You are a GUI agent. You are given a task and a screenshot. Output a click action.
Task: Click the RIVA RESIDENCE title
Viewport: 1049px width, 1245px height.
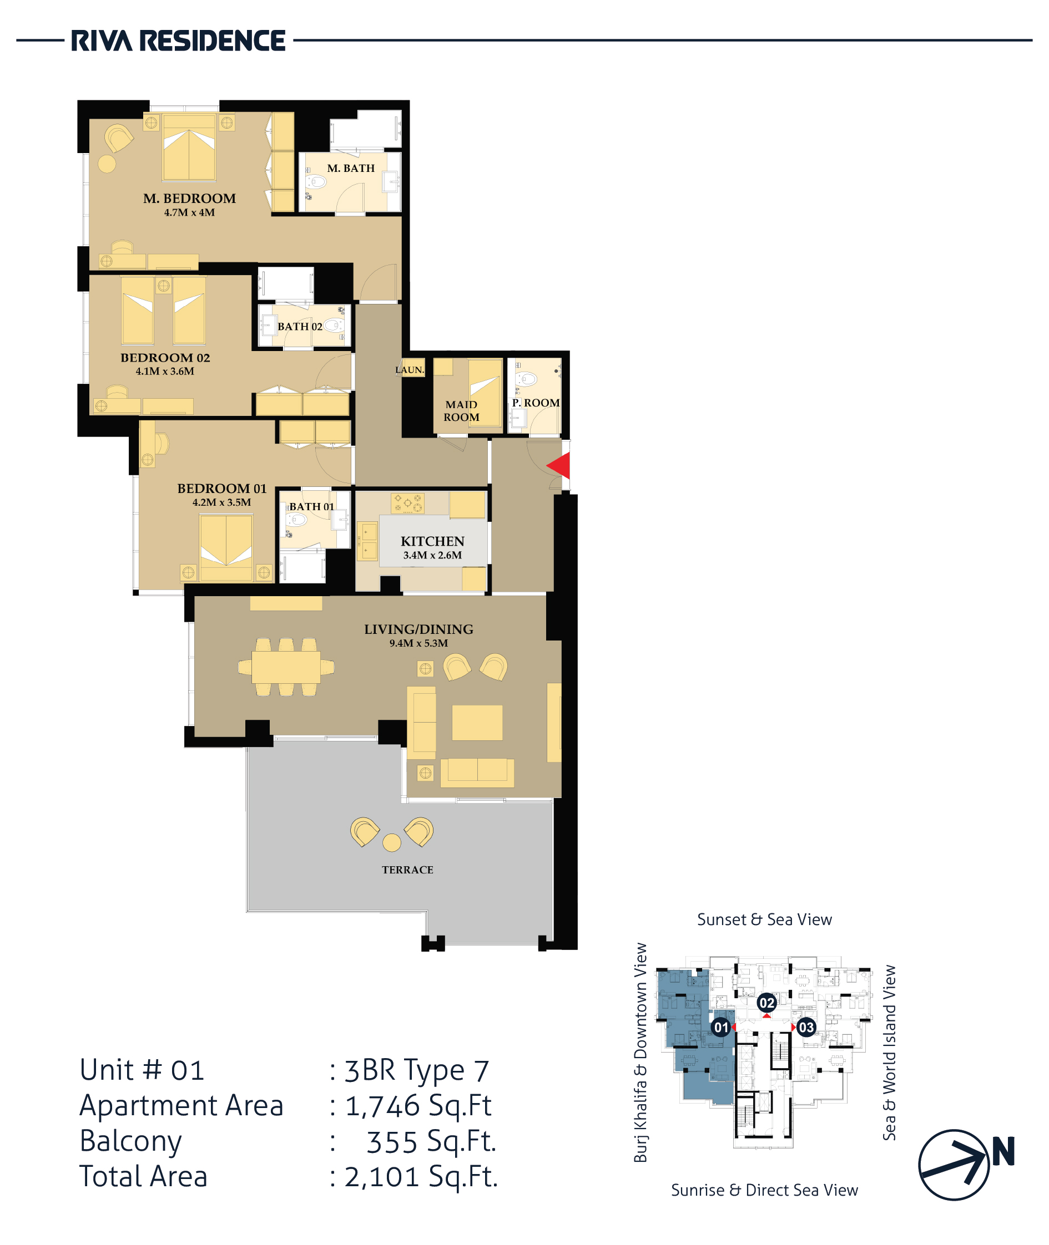click(178, 41)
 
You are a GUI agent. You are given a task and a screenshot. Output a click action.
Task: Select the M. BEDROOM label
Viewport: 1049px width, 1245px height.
click(189, 199)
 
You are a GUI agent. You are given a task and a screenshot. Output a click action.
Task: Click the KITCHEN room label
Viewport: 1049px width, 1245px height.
click(432, 541)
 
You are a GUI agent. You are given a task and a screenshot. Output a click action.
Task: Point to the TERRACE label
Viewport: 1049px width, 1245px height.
click(407, 870)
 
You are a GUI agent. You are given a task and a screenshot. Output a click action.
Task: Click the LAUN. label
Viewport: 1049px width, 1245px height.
click(410, 370)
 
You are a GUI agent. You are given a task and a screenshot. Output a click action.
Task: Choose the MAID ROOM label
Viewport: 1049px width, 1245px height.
click(461, 410)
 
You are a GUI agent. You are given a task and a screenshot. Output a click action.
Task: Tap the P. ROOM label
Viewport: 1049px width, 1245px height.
click(536, 403)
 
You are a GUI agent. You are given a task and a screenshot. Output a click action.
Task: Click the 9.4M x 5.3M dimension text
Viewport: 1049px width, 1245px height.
click(418, 643)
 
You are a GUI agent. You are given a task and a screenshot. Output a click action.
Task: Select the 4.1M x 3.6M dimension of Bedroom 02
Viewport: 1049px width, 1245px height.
click(165, 372)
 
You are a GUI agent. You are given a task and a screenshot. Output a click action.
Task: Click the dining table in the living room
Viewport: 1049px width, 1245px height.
click(286, 667)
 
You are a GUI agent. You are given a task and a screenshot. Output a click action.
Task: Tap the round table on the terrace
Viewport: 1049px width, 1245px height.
click(392, 843)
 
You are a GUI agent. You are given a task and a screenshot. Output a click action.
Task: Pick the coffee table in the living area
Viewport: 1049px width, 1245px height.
click(477, 723)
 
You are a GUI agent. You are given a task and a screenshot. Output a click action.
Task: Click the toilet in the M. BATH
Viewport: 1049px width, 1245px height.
click(317, 182)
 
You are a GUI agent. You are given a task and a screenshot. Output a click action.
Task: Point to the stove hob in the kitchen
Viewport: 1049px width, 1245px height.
click(408, 504)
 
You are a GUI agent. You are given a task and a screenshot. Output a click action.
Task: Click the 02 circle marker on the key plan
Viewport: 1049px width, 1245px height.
click(766, 1003)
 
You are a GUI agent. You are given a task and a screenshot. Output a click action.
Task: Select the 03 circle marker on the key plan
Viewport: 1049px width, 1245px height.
click(806, 1028)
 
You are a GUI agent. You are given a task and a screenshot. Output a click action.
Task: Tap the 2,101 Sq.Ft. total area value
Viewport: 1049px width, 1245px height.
click(421, 1177)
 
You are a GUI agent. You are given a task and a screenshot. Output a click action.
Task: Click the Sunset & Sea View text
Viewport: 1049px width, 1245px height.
click(764, 920)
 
